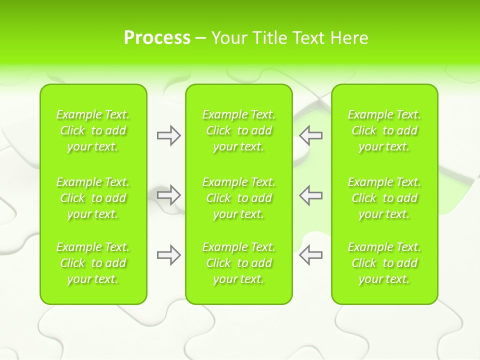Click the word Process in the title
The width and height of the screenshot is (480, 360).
coord(157,37)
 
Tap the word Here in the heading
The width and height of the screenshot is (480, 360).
coord(349,37)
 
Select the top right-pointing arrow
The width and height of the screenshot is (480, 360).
coord(168,135)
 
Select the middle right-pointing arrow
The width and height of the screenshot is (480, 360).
coord(168,195)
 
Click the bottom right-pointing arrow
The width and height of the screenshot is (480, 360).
coord(168,255)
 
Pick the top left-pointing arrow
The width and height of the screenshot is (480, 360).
coord(311,135)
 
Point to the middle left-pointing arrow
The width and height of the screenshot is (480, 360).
coord(311,195)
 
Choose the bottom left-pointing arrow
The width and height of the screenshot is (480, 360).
coord(311,255)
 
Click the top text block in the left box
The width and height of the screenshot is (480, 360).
coord(93,130)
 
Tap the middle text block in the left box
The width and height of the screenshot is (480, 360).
coord(93,198)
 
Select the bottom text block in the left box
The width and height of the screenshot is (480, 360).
coord(93,263)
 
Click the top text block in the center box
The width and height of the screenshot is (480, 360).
coord(238,130)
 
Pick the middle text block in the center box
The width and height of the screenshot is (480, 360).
coord(238,198)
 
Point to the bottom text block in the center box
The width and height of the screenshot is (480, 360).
coord(238,263)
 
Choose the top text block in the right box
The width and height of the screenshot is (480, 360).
coord(384,130)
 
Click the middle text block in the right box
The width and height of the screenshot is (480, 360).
coord(384,198)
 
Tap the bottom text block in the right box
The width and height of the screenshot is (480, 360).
coord(384,263)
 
